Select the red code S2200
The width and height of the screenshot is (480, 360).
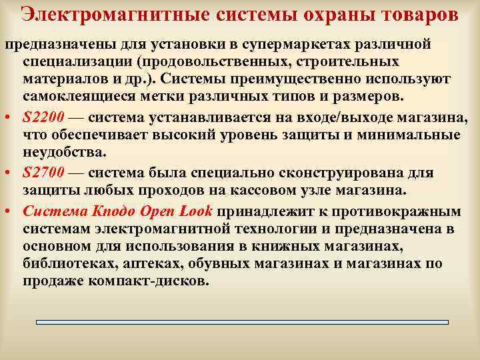(43, 117)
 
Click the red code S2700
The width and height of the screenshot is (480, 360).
(43, 173)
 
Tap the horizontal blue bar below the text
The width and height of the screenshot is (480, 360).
(242, 322)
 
